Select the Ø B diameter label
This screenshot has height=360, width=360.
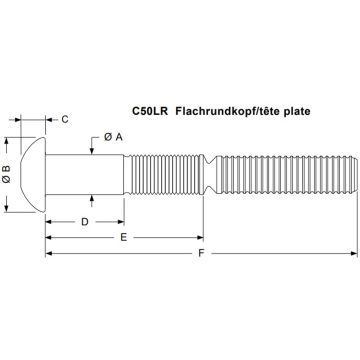tap(8, 163)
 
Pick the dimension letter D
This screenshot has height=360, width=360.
tap(85, 221)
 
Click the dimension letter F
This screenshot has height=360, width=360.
tap(202, 256)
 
